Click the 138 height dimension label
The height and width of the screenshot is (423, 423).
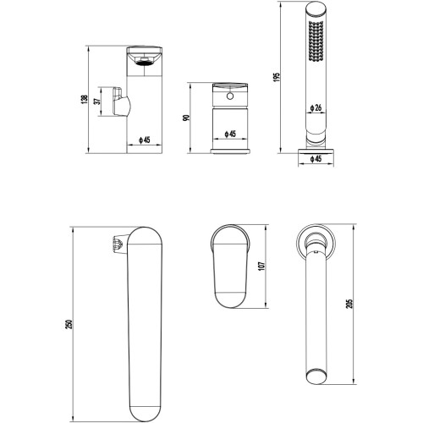pyautogui.click(x=85, y=99)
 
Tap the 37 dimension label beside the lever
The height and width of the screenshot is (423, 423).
pyautogui.click(x=97, y=101)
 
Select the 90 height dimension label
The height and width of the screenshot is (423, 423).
pyautogui.click(x=186, y=118)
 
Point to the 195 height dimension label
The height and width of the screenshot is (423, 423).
pyautogui.click(x=277, y=77)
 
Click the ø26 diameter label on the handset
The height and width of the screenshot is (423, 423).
pyautogui.click(x=316, y=107)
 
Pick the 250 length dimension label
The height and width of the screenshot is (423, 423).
pyautogui.click(x=69, y=324)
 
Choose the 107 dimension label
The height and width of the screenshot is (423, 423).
pyautogui.click(x=262, y=266)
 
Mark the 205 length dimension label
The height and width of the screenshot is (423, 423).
pyautogui.click(x=349, y=303)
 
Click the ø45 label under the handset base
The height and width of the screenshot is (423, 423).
pyautogui.click(x=316, y=159)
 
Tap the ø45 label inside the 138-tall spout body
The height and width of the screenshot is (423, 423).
pyautogui.click(x=145, y=140)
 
